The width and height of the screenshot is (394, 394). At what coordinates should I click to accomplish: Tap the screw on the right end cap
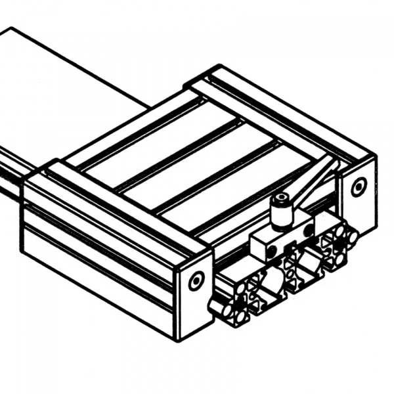[359, 188]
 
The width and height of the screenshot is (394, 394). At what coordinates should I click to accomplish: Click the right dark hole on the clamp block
[307, 229]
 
